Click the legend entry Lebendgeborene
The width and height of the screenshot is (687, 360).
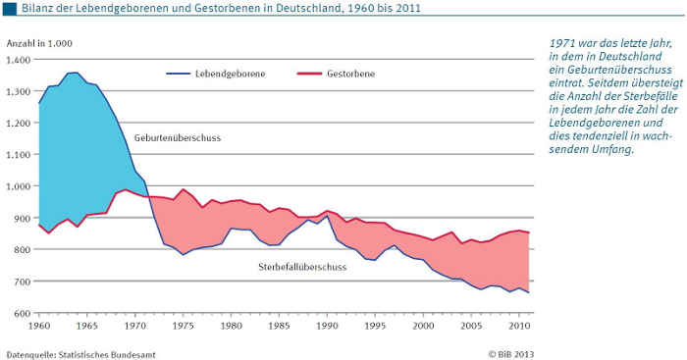pyautogui.click(x=228, y=74)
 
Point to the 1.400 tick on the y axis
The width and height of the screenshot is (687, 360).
pyautogui.click(x=19, y=60)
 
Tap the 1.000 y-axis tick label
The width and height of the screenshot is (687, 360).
pyautogui.click(x=19, y=186)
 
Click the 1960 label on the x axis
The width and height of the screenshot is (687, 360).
pyautogui.click(x=39, y=325)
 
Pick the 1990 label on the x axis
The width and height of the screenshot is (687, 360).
pyautogui.click(x=327, y=325)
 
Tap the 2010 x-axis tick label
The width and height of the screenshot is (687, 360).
pyautogui.click(x=518, y=325)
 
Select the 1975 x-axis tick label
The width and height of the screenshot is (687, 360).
pyautogui.click(x=183, y=325)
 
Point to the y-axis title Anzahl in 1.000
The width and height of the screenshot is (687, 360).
pyautogui.click(x=39, y=44)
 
